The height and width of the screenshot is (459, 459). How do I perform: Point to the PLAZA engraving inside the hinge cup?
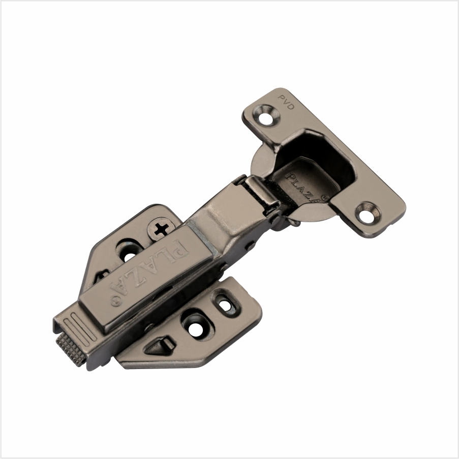(303, 188)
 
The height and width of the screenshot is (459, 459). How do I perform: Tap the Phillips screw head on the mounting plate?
(161, 228)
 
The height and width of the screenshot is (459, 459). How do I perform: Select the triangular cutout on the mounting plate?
(159, 346)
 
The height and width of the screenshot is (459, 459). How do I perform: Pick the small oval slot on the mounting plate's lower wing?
(225, 302)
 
